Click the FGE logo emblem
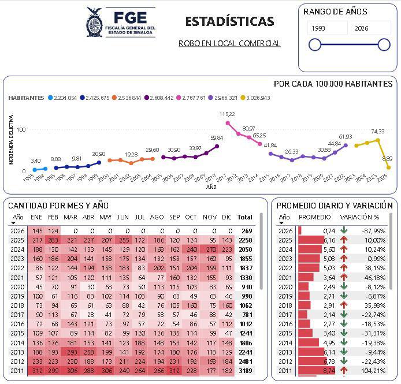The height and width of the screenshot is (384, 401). pyautogui.click(x=95, y=22)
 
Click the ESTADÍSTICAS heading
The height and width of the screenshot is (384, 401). pyautogui.click(x=229, y=22)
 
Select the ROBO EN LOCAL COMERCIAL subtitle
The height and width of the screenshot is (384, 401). pyautogui.click(x=229, y=43)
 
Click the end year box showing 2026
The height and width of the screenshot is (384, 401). pyautogui.click(x=370, y=28)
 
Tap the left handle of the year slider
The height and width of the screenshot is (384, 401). pyautogui.click(x=315, y=44)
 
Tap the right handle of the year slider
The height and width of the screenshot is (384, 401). pyautogui.click(x=384, y=44)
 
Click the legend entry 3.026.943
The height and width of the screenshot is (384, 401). pyautogui.click(x=255, y=98)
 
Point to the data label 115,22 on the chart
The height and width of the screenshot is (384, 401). pyautogui.click(x=227, y=114)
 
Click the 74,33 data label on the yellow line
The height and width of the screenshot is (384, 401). pyautogui.click(x=377, y=132)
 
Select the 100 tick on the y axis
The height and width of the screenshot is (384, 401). pyautogui.click(x=21, y=129)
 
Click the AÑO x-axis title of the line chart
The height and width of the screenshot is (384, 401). pyautogui.click(x=212, y=187)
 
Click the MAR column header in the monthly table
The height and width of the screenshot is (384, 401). pyautogui.click(x=70, y=217)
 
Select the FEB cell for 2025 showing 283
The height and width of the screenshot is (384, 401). pyautogui.click(x=54, y=240)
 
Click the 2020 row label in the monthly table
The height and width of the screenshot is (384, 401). pyautogui.click(x=18, y=286)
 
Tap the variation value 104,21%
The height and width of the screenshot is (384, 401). pyautogui.click(x=371, y=371)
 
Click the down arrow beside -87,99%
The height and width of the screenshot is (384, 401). pyautogui.click(x=344, y=231)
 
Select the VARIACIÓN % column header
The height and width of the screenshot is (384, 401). pyautogui.click(x=359, y=217)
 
